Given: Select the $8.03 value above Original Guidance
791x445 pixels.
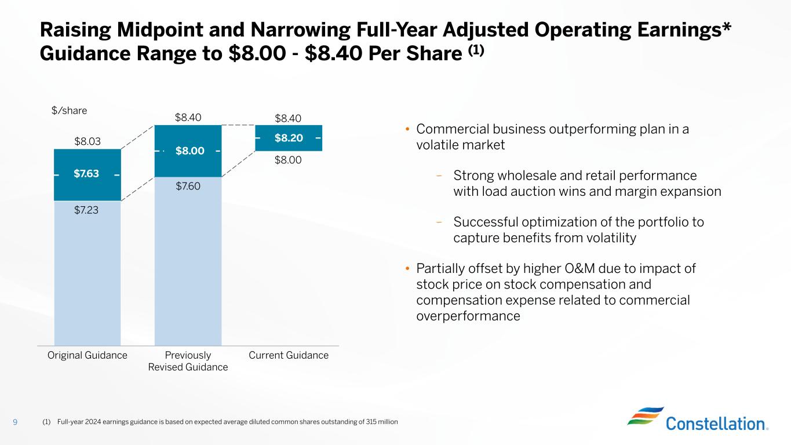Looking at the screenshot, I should coord(86,141).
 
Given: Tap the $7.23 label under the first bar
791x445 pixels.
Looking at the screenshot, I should coord(86,210).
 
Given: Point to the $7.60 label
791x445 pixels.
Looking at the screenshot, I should coord(188,185).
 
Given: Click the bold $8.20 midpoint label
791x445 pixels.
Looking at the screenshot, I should coord(289,138).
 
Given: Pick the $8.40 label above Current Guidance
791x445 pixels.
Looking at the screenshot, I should coord(289,119).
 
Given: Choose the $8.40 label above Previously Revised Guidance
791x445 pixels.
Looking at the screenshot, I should coord(188,118).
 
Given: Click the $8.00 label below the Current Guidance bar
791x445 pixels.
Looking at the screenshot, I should coord(289,160).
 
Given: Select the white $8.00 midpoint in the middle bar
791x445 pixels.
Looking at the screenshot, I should coord(189,151).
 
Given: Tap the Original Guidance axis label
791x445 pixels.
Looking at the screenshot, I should coord(88,355).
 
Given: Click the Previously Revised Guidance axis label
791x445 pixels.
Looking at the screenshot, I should coord(188,361).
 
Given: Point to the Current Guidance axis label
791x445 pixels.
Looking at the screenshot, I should coord(289,355).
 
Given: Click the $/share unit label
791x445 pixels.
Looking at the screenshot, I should coord(70,110).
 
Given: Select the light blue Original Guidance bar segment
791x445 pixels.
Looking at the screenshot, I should coord(88,272).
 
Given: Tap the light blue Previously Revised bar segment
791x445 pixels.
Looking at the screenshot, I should coord(188,261).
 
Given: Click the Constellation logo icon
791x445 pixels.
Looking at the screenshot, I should coord(645,415).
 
